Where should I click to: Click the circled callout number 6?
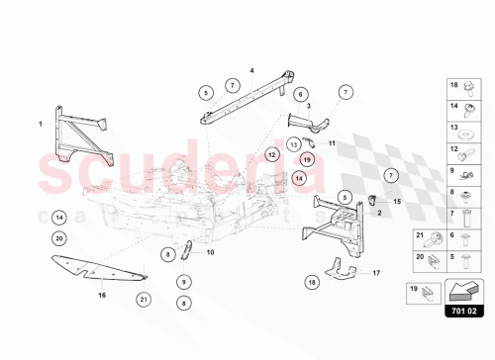[298, 94]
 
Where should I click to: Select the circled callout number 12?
[271, 155]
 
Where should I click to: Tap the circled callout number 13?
[294, 145]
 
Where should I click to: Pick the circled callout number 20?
[59, 238]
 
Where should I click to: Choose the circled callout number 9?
[184, 282]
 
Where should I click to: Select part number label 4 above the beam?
[251, 70]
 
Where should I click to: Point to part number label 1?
[41, 124]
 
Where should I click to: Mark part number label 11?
[333, 143]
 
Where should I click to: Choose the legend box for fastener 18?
[460, 85]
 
